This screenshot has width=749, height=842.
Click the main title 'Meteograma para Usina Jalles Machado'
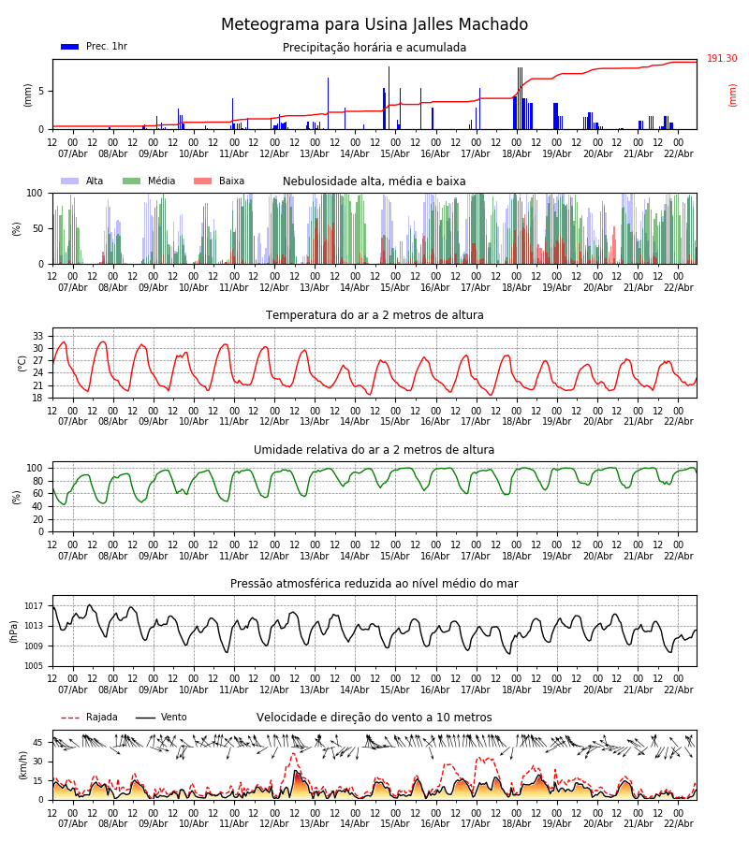(374, 25)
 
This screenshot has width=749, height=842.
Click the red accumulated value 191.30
(722, 59)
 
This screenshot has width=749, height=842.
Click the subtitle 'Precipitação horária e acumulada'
(374, 48)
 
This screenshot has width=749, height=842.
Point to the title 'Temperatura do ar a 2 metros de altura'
(374, 315)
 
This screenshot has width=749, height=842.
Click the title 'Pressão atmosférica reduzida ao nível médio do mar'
(374, 584)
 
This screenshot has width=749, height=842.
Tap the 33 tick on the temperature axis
(38, 336)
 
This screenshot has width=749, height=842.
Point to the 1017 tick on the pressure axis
(35, 606)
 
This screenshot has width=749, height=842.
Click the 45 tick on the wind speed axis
(38, 743)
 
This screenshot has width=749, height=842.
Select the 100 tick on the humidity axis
(36, 468)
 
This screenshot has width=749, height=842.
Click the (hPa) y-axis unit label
(13, 631)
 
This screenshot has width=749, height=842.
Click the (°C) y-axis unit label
(22, 362)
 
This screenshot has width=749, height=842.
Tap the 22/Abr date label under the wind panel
(678, 823)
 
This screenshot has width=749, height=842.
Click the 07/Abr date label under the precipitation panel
(73, 153)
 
